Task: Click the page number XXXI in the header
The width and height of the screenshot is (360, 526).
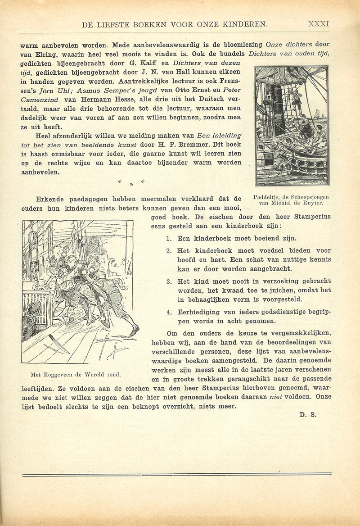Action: tap(319, 24)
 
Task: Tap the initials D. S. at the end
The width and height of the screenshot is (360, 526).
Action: tap(308, 415)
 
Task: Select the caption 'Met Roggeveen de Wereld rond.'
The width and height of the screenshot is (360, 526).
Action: tap(76, 374)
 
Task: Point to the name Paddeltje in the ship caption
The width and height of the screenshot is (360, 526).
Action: tap(268, 197)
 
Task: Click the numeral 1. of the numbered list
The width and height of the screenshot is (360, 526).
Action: tap(169, 239)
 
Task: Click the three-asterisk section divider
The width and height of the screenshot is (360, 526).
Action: tap(130, 182)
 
